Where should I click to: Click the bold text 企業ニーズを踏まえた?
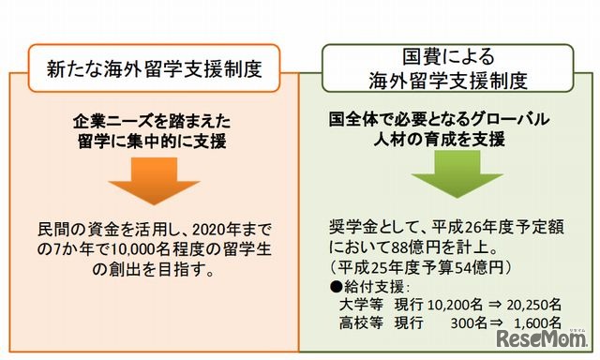click(151, 122)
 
